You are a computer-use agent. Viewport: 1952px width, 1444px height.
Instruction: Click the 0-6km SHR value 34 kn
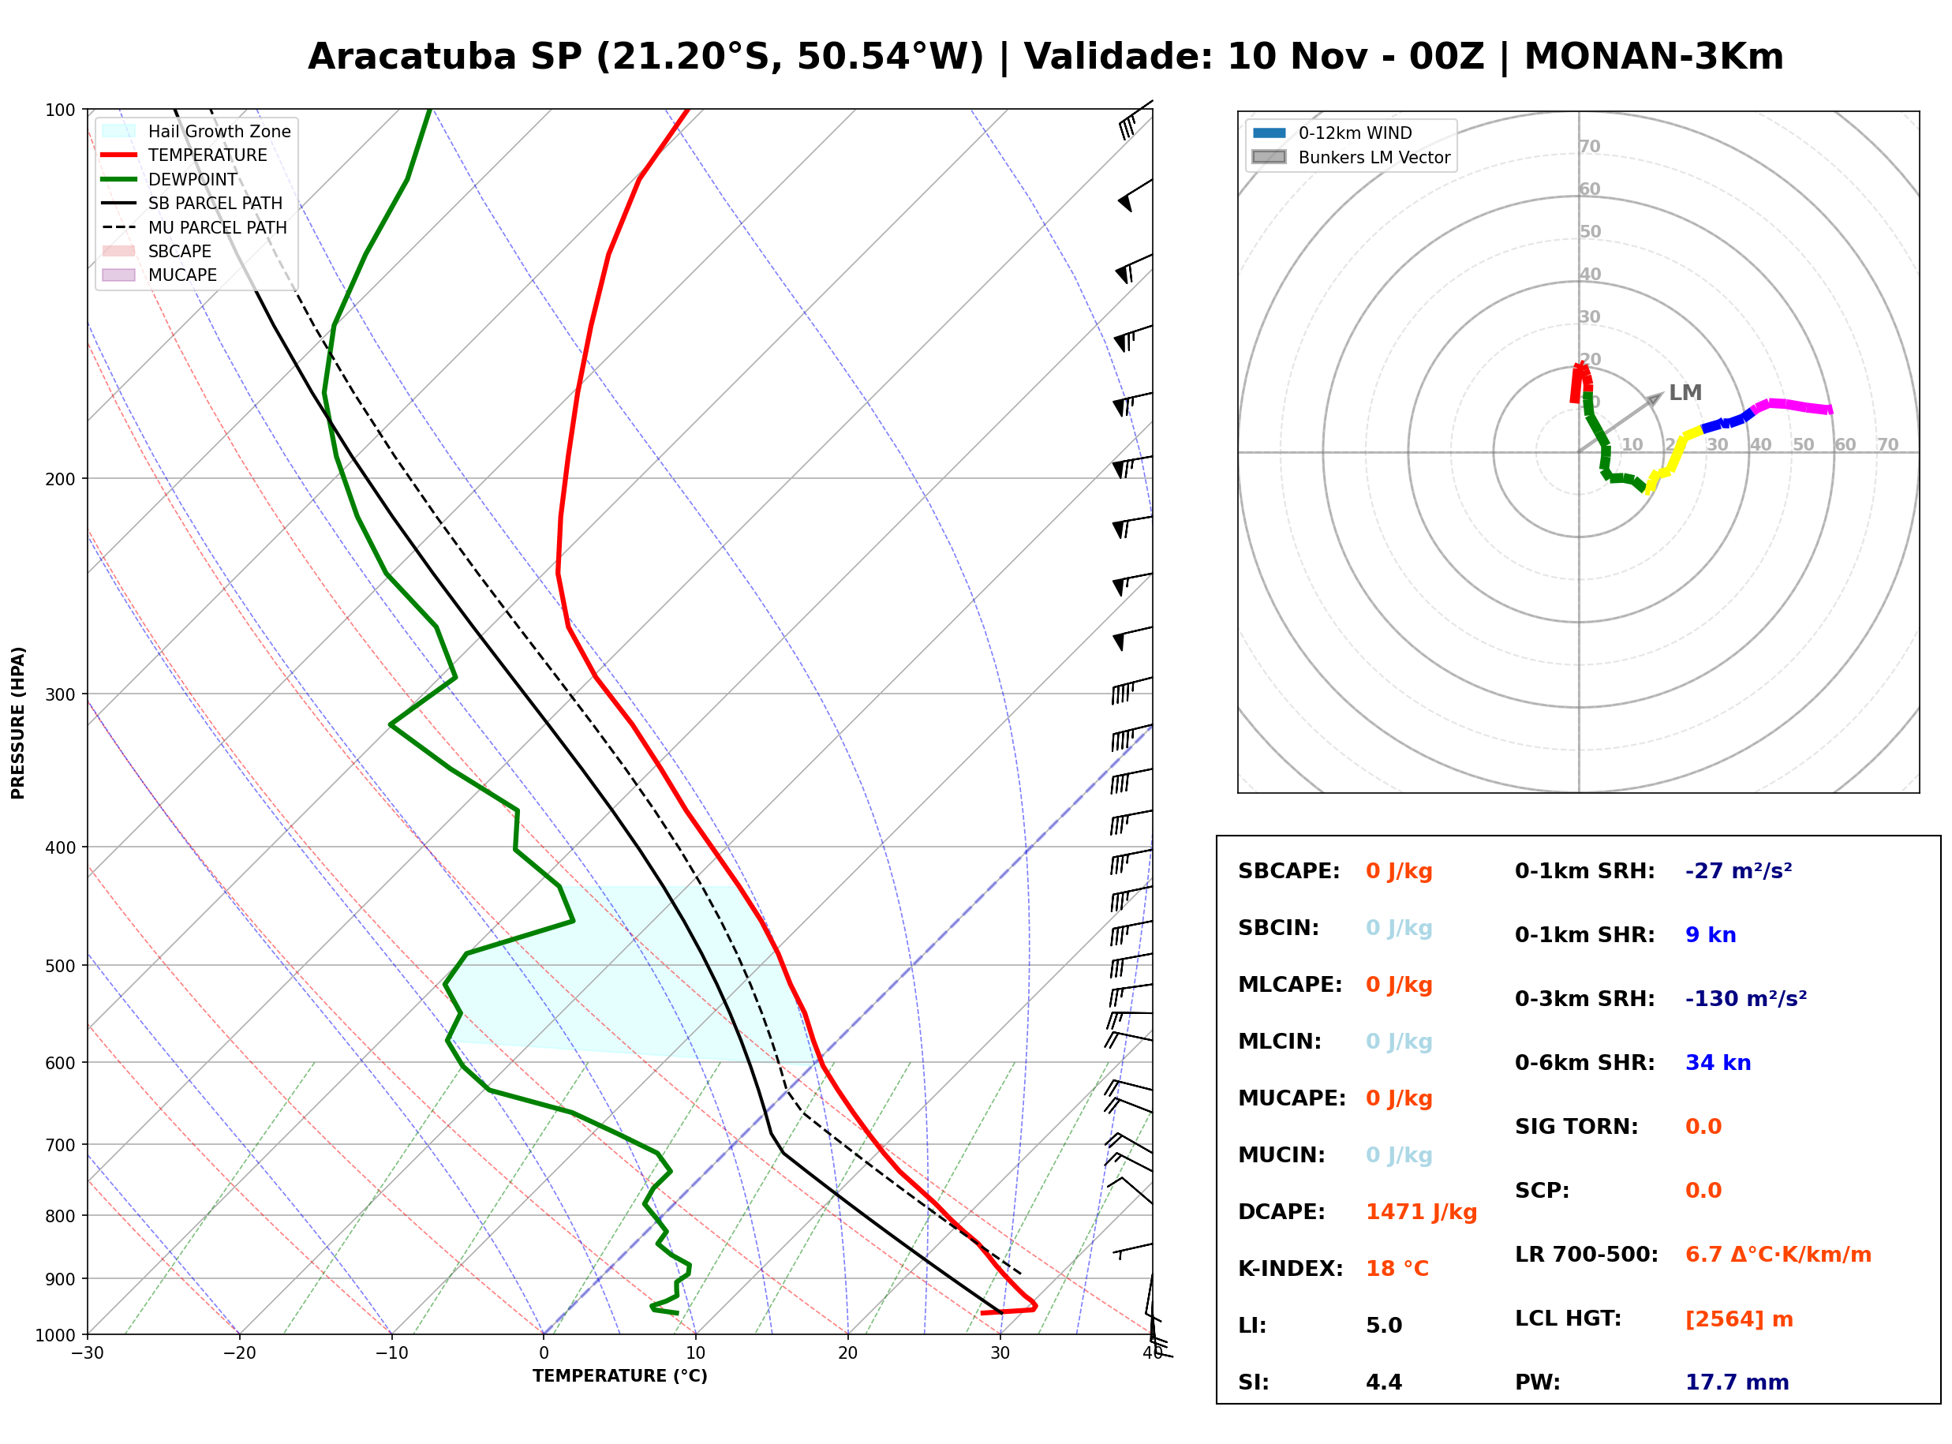coord(1718,1064)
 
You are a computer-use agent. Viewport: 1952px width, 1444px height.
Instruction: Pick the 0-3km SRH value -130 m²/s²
coord(1746,999)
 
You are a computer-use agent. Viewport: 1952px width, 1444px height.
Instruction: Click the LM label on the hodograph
coord(1685,392)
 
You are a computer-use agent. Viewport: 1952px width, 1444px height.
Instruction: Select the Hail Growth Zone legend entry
coord(196,131)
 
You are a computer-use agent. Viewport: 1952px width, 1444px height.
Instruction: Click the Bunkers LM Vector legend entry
coord(1351,157)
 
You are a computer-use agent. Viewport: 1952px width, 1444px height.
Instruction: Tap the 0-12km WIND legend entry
coord(1332,133)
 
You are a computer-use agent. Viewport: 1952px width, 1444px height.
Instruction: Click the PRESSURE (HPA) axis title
coord(18,723)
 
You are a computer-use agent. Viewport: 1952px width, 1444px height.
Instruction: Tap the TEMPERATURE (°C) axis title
coord(620,1376)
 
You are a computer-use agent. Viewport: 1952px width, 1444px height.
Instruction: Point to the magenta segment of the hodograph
coord(1791,406)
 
